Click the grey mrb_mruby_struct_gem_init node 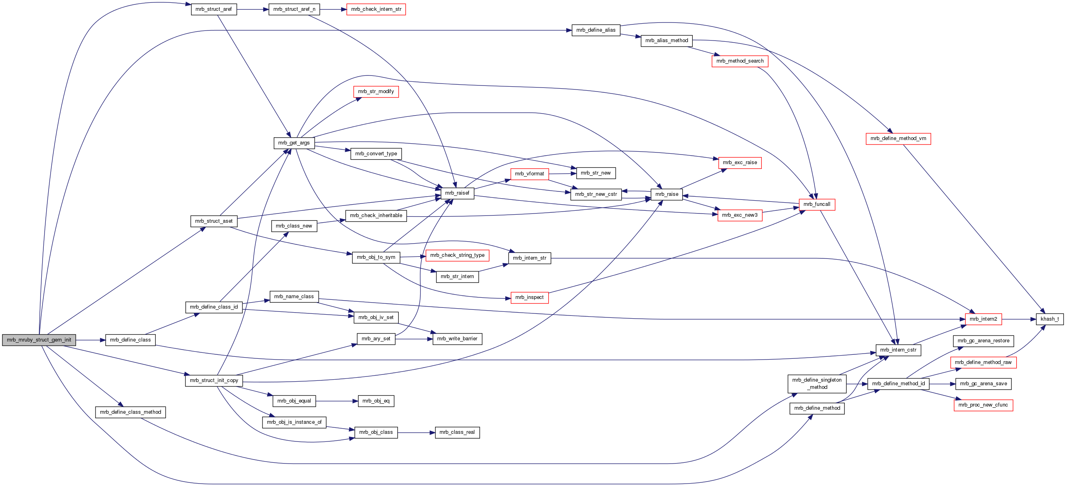point(39,340)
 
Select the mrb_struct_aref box point(214,9)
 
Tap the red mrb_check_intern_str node point(376,9)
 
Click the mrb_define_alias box point(596,30)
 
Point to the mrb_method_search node point(739,61)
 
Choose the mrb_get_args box point(294,143)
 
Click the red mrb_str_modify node point(376,92)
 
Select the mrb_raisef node point(457,193)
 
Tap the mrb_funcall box point(816,204)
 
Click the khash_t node point(1050,319)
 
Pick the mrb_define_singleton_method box point(816,383)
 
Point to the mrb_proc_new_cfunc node point(983,405)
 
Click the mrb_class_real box point(457,432)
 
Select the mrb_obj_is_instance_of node point(294,422)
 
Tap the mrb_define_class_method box point(130,412)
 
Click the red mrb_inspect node point(529,297)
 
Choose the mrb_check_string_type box point(457,255)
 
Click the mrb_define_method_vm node point(898,138)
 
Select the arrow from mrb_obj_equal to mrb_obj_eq point(336,401)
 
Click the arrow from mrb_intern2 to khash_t point(1018,319)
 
